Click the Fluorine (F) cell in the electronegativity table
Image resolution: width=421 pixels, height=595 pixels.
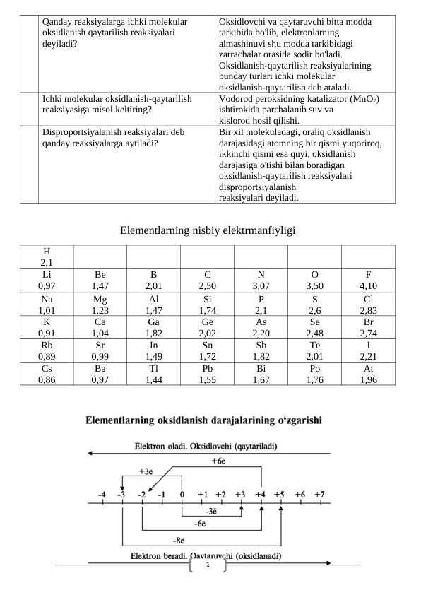368,281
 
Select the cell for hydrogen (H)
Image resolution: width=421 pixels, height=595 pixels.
47,257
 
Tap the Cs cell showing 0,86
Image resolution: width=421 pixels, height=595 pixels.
47,374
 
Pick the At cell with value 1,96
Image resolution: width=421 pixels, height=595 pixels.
368,374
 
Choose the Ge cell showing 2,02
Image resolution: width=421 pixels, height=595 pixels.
207,327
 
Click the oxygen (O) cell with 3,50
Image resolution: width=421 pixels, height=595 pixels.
314,281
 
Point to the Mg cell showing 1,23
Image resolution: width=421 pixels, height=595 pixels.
100,304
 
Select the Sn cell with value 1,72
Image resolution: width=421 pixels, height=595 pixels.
207,350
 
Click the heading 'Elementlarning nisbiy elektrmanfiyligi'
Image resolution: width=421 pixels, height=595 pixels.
207,230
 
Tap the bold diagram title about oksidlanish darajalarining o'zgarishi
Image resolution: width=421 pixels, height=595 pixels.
204,420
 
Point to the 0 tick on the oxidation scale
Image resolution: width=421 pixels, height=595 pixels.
182,494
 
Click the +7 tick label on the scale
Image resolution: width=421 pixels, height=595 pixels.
319,494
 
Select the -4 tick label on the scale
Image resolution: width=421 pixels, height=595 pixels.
102,494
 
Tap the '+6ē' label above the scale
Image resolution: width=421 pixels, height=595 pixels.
219,461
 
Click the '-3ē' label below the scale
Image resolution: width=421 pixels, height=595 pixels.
210,510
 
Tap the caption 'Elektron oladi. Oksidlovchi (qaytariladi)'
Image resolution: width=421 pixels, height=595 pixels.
205,446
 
